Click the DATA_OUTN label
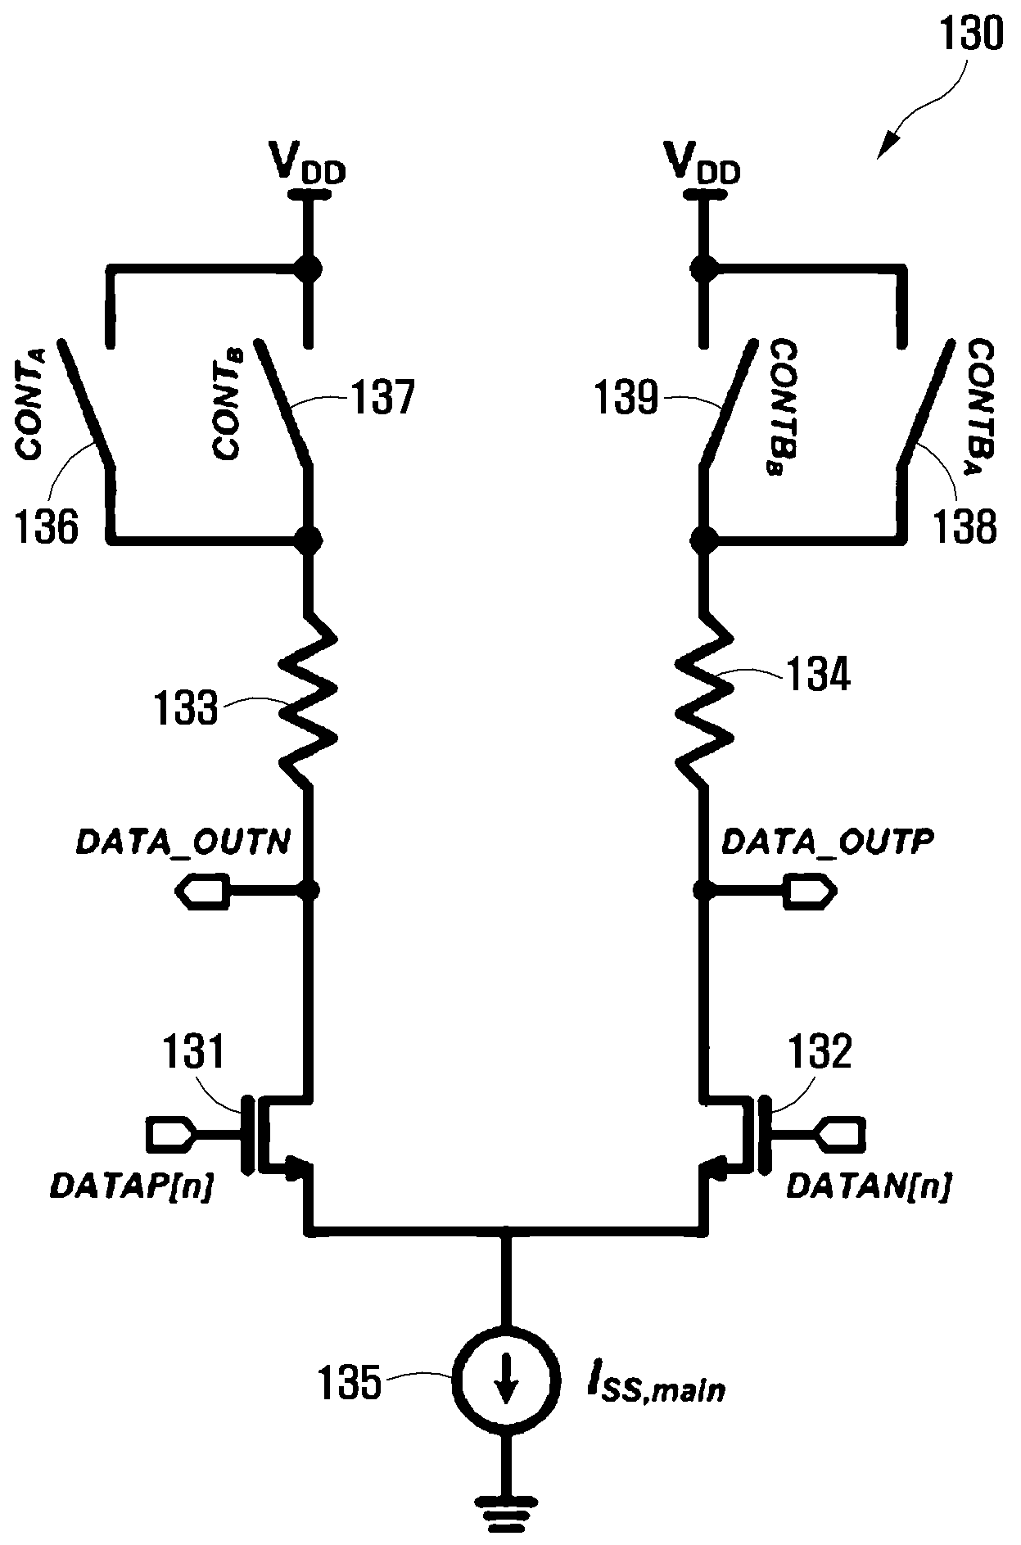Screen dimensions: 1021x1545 pos(183,843)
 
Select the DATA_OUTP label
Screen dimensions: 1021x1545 pos(828,843)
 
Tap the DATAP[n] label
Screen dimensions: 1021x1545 pos(132,1186)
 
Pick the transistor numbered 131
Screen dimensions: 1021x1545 pos(274,1134)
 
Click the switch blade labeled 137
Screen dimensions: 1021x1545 pos(283,403)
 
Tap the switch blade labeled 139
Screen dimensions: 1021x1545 pos(727,403)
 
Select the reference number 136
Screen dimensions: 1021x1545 pos(47,526)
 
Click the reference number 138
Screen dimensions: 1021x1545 pos(964,526)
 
